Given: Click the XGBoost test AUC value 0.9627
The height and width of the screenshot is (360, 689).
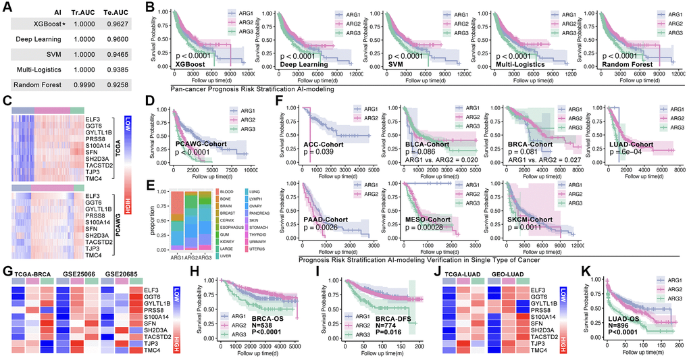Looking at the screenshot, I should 121,24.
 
